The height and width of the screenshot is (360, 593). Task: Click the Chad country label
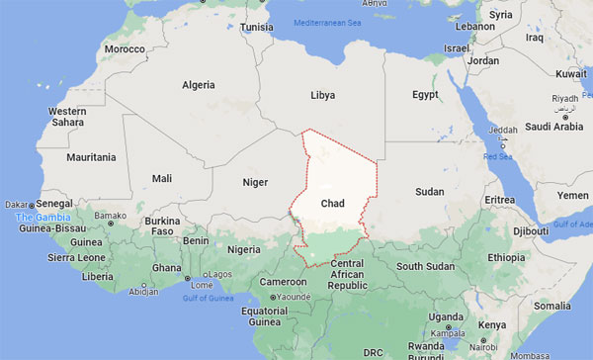[x=332, y=203]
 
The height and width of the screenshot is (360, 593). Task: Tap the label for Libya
[x=322, y=95]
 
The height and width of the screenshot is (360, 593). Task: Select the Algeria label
[x=198, y=85]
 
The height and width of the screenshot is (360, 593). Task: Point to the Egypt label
[x=426, y=95]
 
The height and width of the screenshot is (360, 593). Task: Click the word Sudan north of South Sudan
[x=430, y=191]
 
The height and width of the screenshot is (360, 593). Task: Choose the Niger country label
[x=256, y=182]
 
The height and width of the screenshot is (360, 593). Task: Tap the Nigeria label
[x=244, y=249]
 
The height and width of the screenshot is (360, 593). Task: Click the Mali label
[x=162, y=178]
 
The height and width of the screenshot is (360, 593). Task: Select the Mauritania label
[x=91, y=157]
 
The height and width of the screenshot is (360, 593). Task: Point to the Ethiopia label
[x=507, y=257]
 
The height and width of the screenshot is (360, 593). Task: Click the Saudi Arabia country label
[x=555, y=127]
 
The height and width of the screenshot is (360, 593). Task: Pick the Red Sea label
[x=497, y=156]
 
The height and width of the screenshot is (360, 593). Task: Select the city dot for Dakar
[x=35, y=205]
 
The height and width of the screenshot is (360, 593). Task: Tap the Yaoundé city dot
[x=279, y=296]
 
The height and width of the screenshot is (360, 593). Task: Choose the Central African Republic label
[x=354, y=275]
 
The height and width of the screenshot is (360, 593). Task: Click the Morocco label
[x=126, y=48]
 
